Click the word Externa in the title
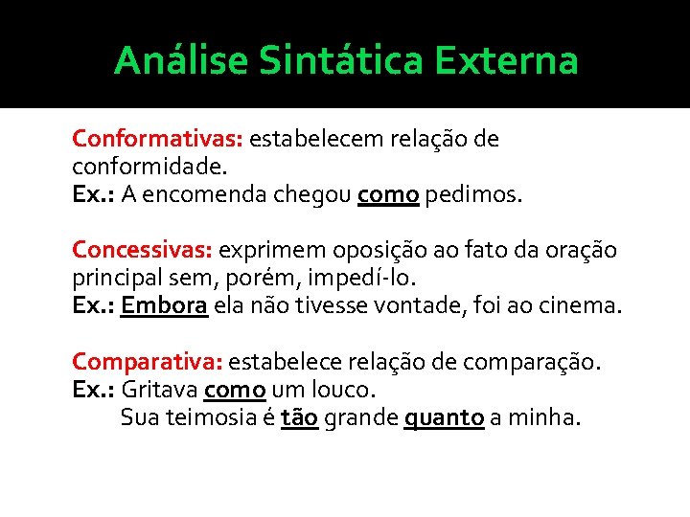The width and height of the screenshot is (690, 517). coord(507,61)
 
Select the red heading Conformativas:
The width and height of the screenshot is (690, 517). coord(157,140)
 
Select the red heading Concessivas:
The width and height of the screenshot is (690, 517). coord(142,251)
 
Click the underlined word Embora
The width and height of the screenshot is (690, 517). coord(165,306)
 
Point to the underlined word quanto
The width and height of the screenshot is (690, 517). coord(444,418)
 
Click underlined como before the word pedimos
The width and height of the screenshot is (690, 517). coord(388,195)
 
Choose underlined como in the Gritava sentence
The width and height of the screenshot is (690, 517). coord(235,391)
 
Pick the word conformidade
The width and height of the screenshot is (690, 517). coord(149,167)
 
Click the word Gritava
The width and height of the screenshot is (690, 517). coord(159,391)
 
